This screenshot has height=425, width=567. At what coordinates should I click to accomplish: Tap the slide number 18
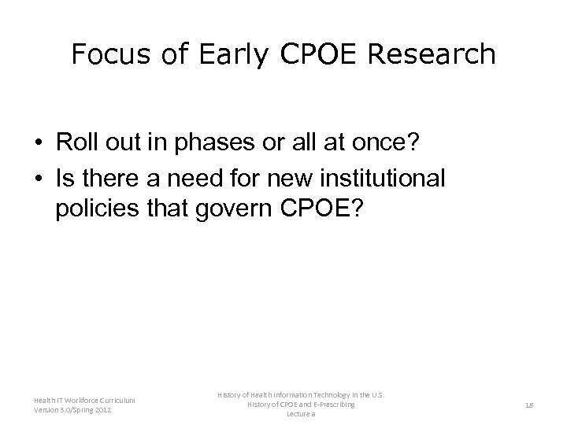click(530, 405)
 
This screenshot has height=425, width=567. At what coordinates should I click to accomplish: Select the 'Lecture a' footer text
click(302, 414)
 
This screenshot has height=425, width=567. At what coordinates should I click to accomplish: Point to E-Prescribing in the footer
click(326, 404)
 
